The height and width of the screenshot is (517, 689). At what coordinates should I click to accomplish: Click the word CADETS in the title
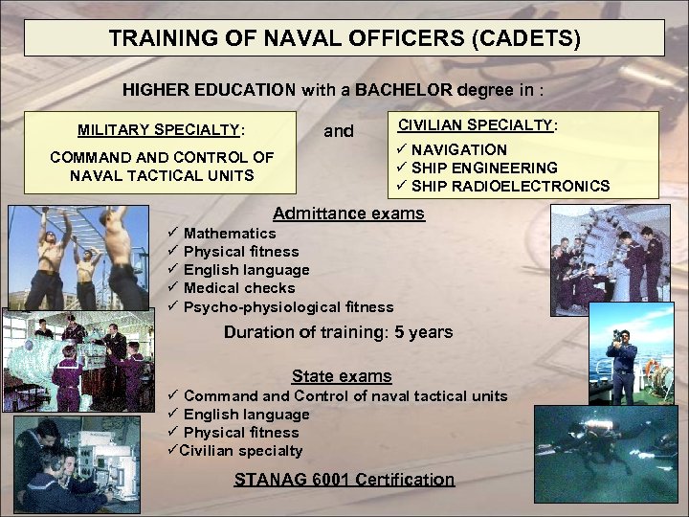click(x=529, y=39)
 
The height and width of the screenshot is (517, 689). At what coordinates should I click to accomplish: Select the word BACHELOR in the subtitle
click(x=403, y=90)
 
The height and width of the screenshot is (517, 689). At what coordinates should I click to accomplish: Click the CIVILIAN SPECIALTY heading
click(x=478, y=124)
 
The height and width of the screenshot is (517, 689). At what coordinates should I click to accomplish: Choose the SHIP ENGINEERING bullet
click(x=484, y=168)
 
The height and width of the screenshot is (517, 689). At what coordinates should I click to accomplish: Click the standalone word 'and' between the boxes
click(x=338, y=131)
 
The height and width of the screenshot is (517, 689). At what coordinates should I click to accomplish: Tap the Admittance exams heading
click(x=348, y=213)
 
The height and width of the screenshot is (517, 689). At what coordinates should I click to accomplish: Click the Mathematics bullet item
click(x=230, y=234)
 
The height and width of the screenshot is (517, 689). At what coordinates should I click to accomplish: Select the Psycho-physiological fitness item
click(x=288, y=307)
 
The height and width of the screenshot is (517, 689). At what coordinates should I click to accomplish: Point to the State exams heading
click(x=342, y=376)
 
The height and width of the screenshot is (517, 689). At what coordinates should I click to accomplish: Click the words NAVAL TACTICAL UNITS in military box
click(x=162, y=175)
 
